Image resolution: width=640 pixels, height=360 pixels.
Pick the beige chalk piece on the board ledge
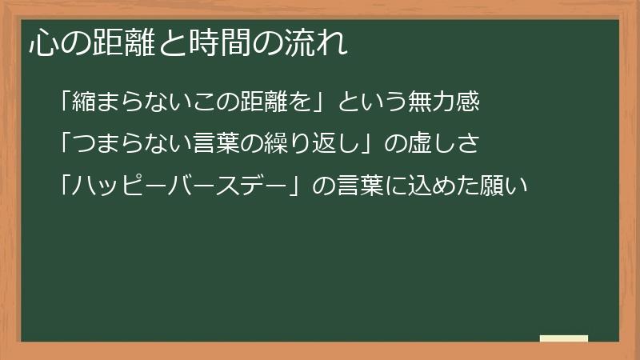click(564, 338)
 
